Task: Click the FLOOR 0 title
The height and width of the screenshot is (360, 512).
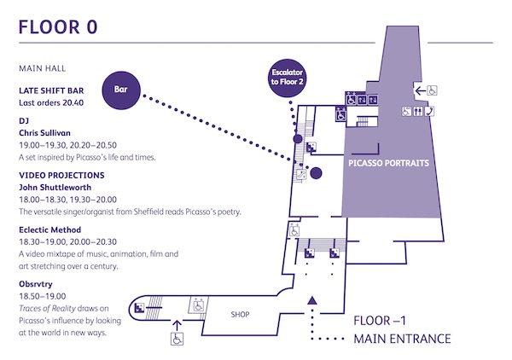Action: click(57, 26)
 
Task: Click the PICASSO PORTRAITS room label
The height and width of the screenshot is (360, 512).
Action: click(388, 162)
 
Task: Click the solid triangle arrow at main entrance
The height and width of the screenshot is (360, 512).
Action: click(312, 299)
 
